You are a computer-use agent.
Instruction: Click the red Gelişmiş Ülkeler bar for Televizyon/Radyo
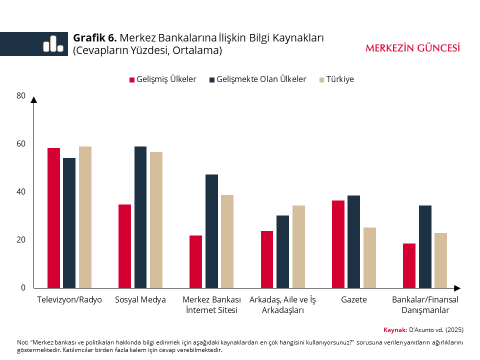coord(53,218)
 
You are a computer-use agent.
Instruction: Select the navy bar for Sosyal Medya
coord(140,217)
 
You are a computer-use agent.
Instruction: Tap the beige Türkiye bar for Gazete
coord(369,257)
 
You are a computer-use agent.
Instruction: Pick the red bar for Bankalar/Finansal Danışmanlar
coord(409,265)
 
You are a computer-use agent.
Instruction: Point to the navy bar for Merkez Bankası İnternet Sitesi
coord(211,231)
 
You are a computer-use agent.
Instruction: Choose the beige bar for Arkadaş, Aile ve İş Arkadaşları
coord(298,246)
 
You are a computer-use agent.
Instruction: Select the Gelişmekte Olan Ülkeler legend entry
coord(258,79)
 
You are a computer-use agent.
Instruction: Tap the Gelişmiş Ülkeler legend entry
coord(163,79)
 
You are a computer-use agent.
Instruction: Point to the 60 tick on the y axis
coord(21,143)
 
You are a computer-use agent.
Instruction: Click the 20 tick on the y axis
coord(21,239)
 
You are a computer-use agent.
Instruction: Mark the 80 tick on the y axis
coord(21,95)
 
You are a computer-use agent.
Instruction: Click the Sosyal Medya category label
coord(140,300)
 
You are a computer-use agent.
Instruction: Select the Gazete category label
coord(354,300)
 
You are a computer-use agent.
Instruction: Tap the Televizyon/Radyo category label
coord(69,300)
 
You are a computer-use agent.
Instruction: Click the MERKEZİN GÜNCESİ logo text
coord(413,48)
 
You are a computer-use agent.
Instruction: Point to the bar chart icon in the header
coord(53,44)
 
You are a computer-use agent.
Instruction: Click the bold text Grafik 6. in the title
coord(95,38)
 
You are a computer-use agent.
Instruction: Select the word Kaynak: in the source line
coord(395,329)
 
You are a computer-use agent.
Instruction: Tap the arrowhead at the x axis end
coord(456,288)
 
